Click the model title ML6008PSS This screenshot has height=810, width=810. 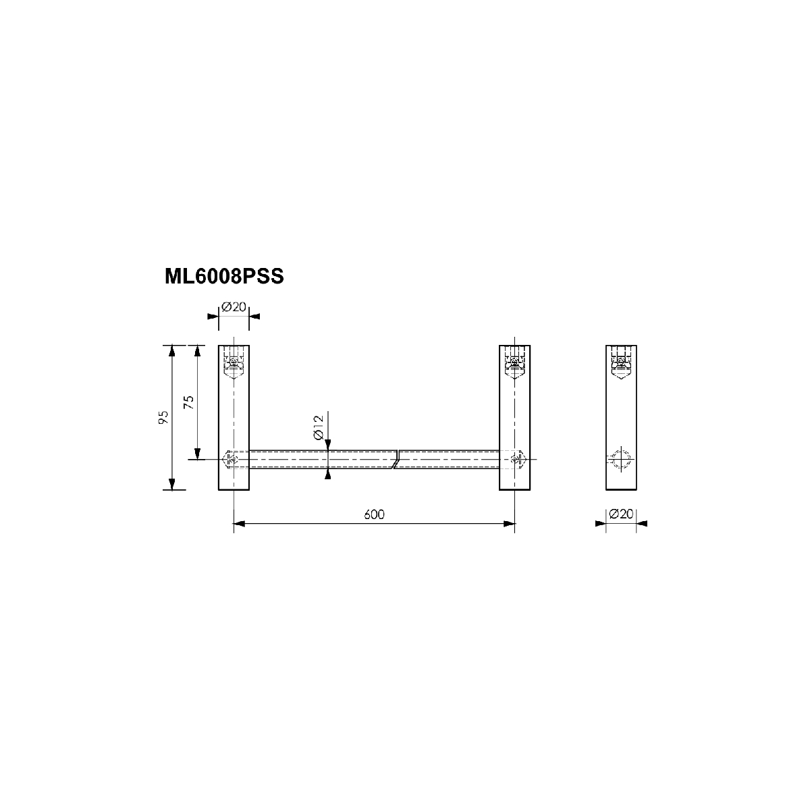(x=224, y=277)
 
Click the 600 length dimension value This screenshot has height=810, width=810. (x=374, y=514)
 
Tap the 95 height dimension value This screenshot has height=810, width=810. (x=163, y=417)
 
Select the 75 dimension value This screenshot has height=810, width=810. (x=189, y=402)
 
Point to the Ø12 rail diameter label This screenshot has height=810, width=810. (x=319, y=427)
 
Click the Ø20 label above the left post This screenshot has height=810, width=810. (x=234, y=307)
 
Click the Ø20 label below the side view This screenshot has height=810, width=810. (x=621, y=514)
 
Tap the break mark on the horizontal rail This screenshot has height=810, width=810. (x=395, y=460)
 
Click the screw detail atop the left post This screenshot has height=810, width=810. (x=234, y=362)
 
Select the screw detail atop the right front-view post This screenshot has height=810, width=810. (x=514, y=362)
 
